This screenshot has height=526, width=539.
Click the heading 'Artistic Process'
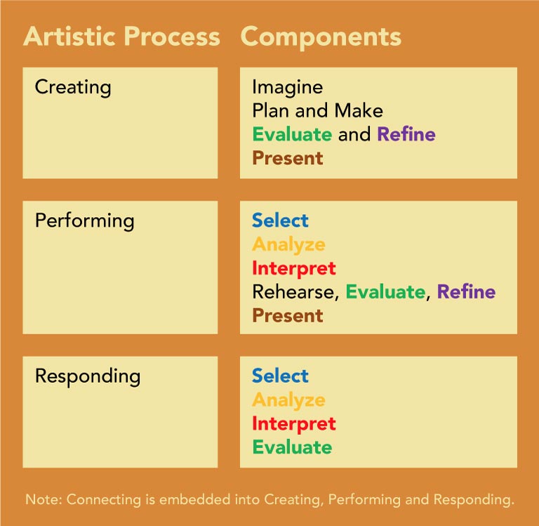pyautogui.click(x=121, y=36)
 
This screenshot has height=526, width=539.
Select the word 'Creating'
pyautogui.click(x=73, y=87)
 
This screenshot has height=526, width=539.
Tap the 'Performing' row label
pyautogui.click(x=84, y=221)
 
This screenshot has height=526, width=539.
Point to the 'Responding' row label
pyautogui.click(x=88, y=376)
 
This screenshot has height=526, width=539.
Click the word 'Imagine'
pyautogui.click(x=287, y=87)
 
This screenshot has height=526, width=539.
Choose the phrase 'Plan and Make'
pyautogui.click(x=318, y=111)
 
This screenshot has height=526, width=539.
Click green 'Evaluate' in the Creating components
pyautogui.click(x=292, y=134)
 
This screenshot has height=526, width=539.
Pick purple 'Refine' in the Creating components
pyautogui.click(x=406, y=134)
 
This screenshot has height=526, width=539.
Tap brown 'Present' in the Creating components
pyautogui.click(x=288, y=158)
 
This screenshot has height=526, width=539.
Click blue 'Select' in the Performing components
pyautogui.click(x=280, y=221)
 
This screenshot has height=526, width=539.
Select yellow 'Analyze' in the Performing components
pyautogui.click(x=288, y=245)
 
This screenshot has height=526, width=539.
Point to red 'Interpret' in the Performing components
pyautogui.click(x=294, y=269)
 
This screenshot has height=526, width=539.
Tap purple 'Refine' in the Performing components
pyautogui.click(x=467, y=291)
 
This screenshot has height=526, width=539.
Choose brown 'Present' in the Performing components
pyautogui.click(x=288, y=316)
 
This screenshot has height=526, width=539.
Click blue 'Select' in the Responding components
pyautogui.click(x=280, y=376)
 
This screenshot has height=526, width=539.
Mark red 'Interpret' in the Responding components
pyautogui.click(x=294, y=424)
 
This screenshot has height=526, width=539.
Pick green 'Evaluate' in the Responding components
pyautogui.click(x=292, y=447)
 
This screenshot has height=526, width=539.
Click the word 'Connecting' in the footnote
pyautogui.click(x=104, y=500)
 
